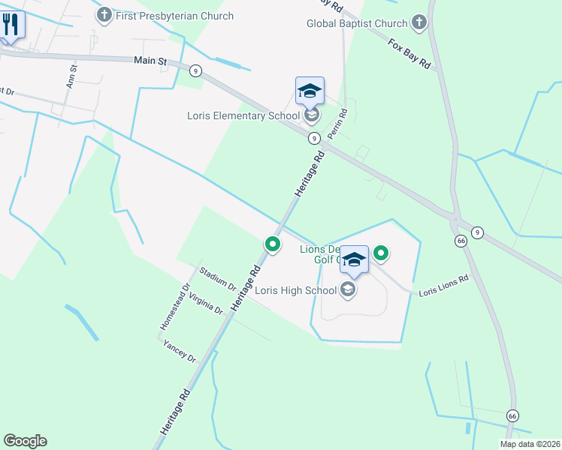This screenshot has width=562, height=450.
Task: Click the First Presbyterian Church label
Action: pos(174,16)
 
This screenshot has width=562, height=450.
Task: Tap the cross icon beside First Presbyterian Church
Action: pos(104,14)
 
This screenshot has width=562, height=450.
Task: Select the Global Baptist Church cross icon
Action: pos(419,23)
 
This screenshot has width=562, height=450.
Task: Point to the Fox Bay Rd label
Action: pos(409,54)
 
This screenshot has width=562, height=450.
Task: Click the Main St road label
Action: pos(150,60)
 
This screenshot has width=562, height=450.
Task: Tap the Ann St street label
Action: pos(72,76)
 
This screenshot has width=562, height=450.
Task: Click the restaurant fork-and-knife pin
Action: pos(11,25)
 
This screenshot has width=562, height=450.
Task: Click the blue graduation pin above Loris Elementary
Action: pos(310,91)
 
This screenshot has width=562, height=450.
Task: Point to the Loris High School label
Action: pos(296,289)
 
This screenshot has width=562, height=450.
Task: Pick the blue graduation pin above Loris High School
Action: pos(355,260)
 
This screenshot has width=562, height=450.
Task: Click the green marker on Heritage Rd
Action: pos(272,244)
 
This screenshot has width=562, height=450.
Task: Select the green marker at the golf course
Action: pos(381,253)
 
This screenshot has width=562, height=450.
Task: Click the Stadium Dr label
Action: pos(218,277)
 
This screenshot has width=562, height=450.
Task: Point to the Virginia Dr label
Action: pos(206,303)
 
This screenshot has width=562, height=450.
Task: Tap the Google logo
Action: pos(25,441)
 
